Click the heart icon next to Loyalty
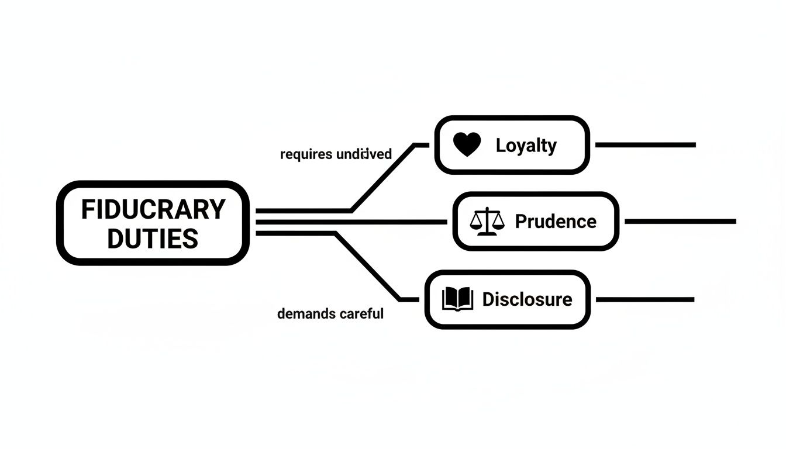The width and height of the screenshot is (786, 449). (467, 144)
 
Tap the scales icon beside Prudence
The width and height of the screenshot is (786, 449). (487, 222)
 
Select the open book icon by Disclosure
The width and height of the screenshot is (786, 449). (457, 299)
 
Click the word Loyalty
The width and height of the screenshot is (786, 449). (526, 146)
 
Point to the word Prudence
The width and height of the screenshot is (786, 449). (555, 222)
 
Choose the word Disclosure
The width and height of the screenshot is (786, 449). (527, 299)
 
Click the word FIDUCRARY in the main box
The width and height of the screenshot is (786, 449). (153, 209)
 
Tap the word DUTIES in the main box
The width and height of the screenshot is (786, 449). (153, 239)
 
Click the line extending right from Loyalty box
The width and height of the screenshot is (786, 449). (645, 144)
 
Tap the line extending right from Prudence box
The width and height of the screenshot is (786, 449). (680, 222)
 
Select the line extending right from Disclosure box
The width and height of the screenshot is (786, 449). (644, 299)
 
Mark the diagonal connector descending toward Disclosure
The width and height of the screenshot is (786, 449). (368, 267)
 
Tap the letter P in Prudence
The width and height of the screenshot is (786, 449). (521, 222)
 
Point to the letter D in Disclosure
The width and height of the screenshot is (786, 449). (488, 299)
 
